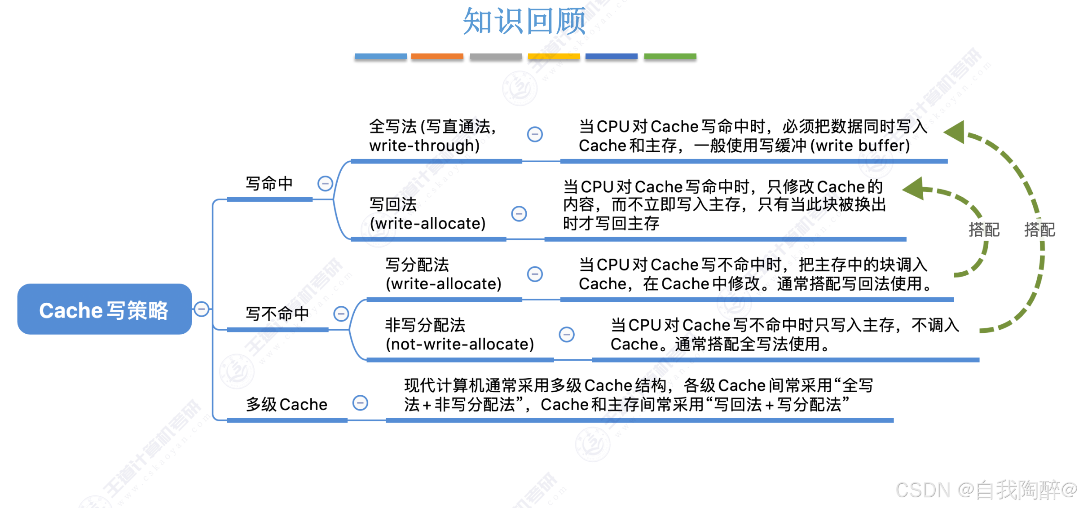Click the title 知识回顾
524,21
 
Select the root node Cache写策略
104,309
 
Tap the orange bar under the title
437,57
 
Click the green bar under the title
670,57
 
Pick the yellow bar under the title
554,57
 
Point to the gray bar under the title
496,57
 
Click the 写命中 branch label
269,184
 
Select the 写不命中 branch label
277,314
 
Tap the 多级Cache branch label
286,404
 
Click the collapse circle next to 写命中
325,183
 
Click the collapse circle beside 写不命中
341,314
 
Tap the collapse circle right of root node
202,309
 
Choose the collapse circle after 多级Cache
360,403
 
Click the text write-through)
424,146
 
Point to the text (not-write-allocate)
460,344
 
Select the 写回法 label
393,204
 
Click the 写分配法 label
417,265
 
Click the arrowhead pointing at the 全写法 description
956,132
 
